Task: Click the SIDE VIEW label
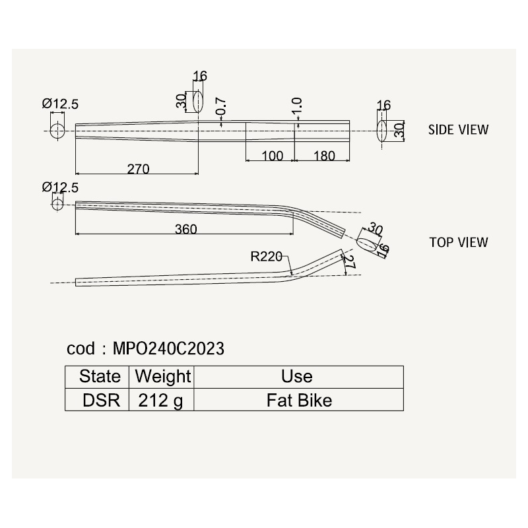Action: click(458, 129)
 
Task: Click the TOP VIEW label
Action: click(458, 242)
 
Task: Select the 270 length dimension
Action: click(138, 169)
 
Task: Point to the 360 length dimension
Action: click(186, 229)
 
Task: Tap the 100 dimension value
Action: click(272, 156)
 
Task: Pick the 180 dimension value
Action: click(324, 156)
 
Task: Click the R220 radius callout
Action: click(266, 257)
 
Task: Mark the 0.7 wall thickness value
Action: click(221, 106)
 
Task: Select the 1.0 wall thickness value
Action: click(297, 106)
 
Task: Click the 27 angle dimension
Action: click(350, 263)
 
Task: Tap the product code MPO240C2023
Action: click(168, 348)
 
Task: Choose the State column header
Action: click(100, 376)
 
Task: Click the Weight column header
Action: click(163, 377)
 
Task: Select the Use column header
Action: click(296, 376)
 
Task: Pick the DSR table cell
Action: click(101, 401)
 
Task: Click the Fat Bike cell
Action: click(299, 401)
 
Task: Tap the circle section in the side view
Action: click(57, 131)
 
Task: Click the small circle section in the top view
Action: click(57, 205)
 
